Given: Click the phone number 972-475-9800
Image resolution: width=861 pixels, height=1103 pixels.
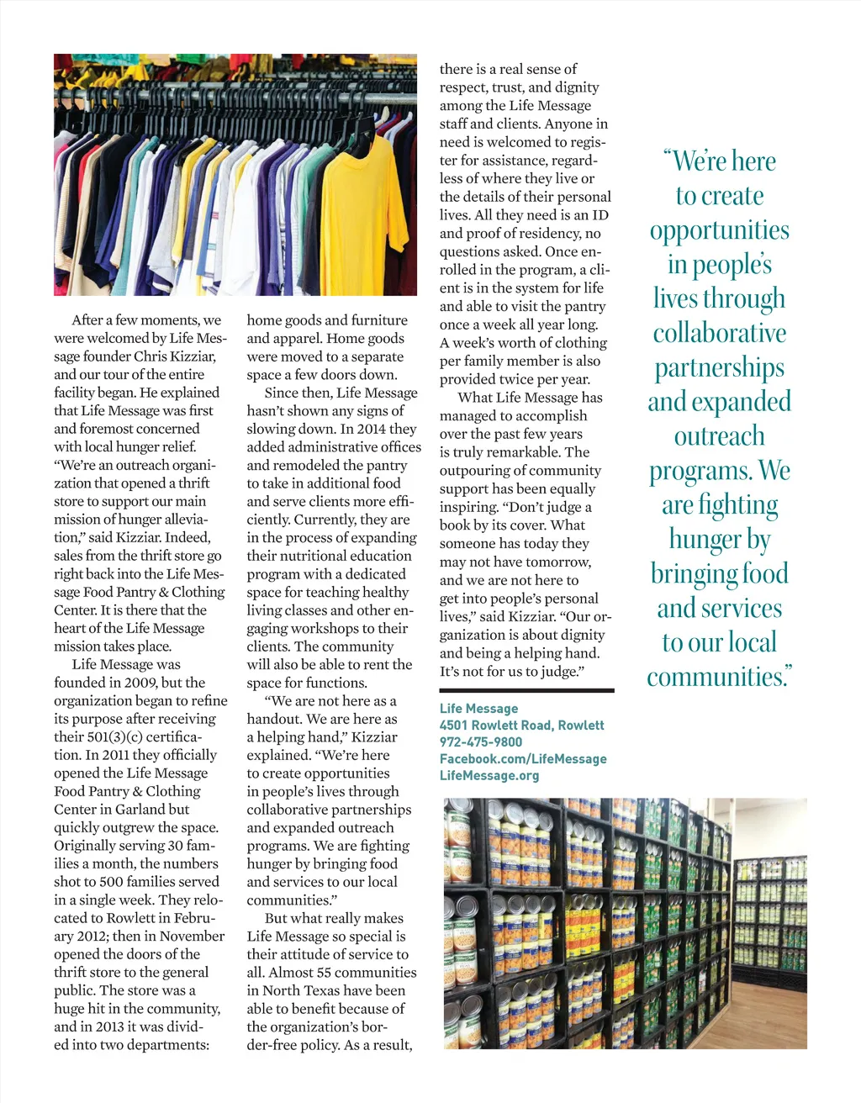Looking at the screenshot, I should point(481,742).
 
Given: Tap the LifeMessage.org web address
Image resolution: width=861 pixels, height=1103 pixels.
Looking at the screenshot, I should point(489,776).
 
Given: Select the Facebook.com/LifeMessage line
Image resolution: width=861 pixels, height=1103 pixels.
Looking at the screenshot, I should point(523,759).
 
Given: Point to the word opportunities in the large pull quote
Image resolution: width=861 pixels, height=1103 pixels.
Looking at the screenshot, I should point(720,231).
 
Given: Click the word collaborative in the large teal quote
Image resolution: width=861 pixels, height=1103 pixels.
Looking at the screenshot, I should point(720,334).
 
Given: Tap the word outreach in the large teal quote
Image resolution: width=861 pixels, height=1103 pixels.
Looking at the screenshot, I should point(720,436).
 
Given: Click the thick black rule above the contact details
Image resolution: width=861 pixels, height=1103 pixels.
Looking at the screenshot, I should point(526,690).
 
